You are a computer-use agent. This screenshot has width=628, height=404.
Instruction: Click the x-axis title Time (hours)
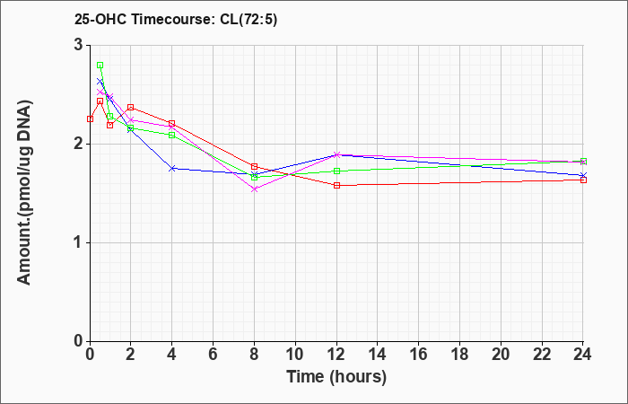336,376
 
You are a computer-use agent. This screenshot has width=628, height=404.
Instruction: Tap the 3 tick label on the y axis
78,45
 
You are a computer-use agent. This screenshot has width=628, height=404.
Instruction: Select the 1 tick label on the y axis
78,242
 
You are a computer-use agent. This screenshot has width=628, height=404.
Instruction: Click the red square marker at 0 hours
90,119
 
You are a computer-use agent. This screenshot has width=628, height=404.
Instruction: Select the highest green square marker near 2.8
100,66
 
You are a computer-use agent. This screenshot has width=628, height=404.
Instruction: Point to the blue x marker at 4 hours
172,168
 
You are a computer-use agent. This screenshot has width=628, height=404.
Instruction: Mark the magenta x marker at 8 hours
255,189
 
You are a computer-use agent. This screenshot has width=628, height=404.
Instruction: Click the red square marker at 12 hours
336,185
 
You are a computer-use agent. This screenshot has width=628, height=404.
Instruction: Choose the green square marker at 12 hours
336,171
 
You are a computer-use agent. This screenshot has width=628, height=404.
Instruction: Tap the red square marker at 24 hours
583,180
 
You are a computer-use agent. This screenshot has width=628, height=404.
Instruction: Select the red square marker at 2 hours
131,107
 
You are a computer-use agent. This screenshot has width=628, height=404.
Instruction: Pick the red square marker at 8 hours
255,166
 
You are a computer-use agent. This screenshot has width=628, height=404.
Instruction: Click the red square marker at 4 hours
172,123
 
